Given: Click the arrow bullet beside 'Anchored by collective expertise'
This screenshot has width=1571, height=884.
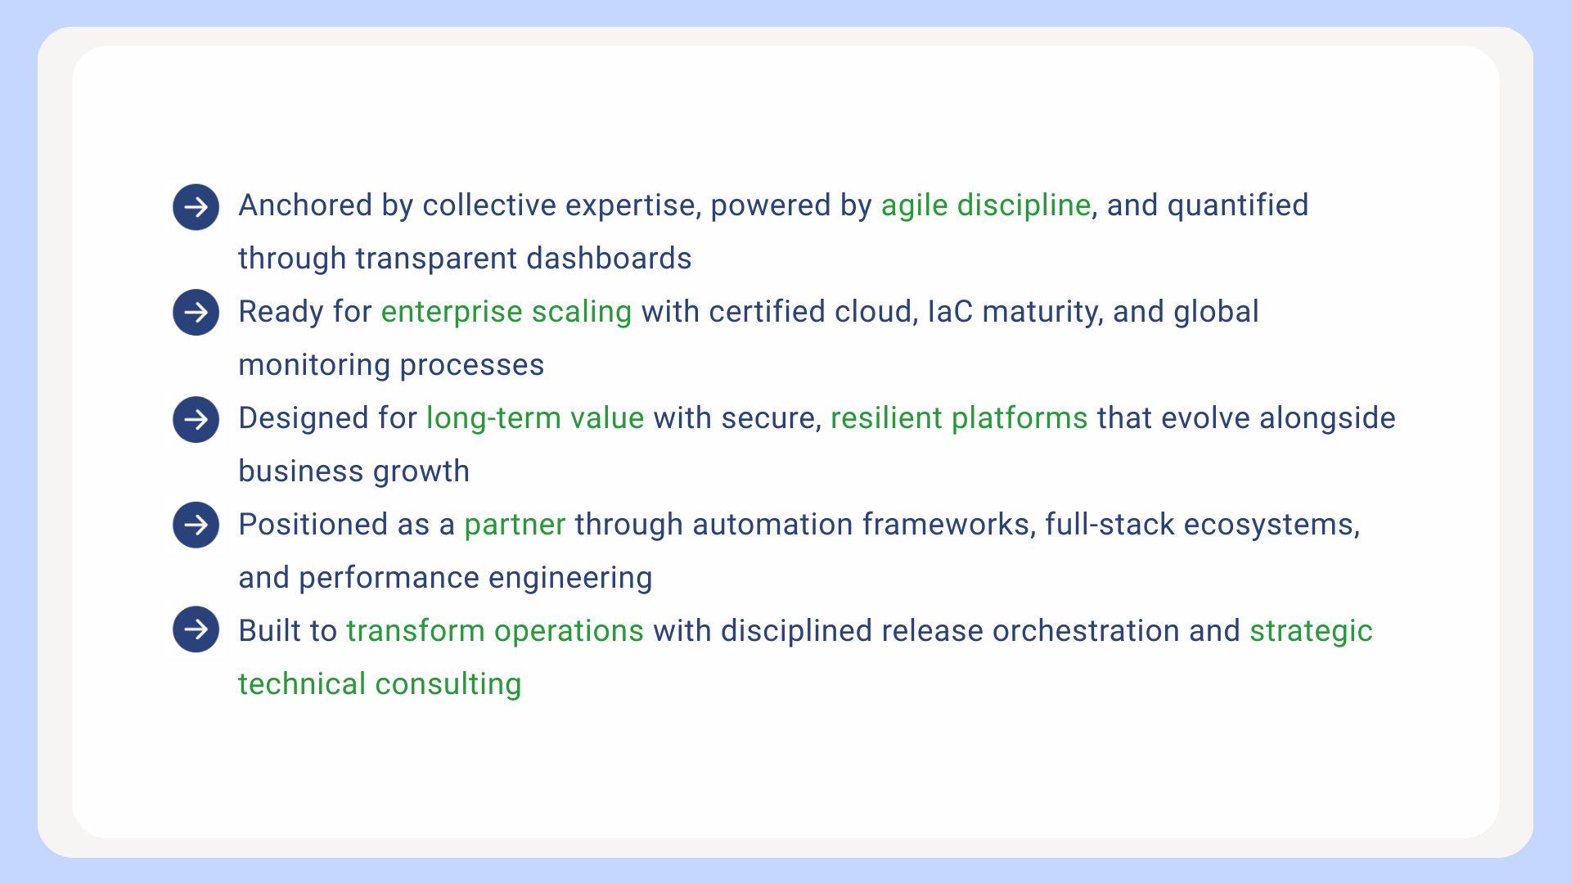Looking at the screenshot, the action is [x=196, y=207].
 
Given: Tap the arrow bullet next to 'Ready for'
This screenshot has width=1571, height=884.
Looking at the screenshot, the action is [x=196, y=312].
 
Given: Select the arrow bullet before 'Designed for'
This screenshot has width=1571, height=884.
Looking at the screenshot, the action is [x=196, y=419].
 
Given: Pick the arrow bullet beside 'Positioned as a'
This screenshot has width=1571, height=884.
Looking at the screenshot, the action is [x=196, y=525].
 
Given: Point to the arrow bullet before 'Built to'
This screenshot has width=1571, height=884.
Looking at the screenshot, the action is [x=196, y=629].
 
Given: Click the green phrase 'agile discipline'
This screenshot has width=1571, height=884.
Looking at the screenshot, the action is [x=986, y=205].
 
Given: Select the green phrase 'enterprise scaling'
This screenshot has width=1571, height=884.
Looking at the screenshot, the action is [x=506, y=313].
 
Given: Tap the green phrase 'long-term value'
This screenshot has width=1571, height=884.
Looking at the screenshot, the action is [x=535, y=418].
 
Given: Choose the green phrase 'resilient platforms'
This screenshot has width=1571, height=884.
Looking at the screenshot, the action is [x=959, y=418].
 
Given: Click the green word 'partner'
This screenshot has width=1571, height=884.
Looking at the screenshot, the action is [x=515, y=525].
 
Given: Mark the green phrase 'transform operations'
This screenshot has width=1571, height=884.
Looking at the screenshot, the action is [x=495, y=631].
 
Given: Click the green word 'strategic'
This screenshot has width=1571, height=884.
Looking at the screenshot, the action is [x=1311, y=632].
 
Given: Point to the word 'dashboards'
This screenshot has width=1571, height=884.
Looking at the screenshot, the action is [x=609, y=259].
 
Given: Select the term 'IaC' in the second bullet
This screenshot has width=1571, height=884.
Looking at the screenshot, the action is [x=950, y=312].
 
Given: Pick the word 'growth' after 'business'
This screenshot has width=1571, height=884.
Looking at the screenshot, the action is [x=421, y=472].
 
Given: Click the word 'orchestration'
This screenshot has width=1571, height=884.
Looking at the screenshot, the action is [x=1086, y=631].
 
